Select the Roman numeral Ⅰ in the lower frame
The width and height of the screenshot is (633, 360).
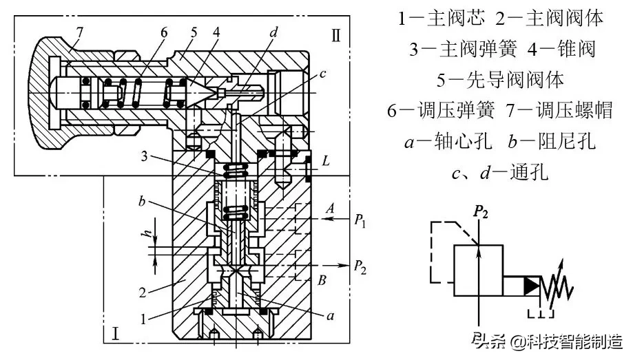coord(116,335)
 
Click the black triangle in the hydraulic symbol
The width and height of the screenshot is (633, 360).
coord(532,285)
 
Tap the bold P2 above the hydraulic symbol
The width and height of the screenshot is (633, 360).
coord(480,212)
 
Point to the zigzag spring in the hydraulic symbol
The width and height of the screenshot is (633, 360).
coord(559,284)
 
